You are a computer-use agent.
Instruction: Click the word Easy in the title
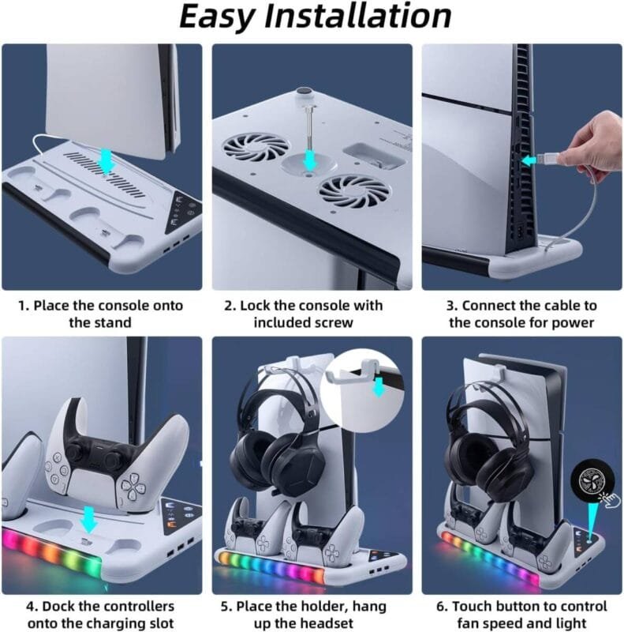pyautogui.click(x=216, y=17)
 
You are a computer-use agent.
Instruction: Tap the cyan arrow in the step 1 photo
pyautogui.click(x=106, y=160)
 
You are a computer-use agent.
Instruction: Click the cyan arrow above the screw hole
pyautogui.click(x=309, y=160)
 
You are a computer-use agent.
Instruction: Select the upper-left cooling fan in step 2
pyautogui.click(x=256, y=147)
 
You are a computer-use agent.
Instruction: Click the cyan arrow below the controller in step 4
pyautogui.click(x=88, y=519)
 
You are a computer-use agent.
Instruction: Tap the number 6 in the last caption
pyautogui.click(x=440, y=606)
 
